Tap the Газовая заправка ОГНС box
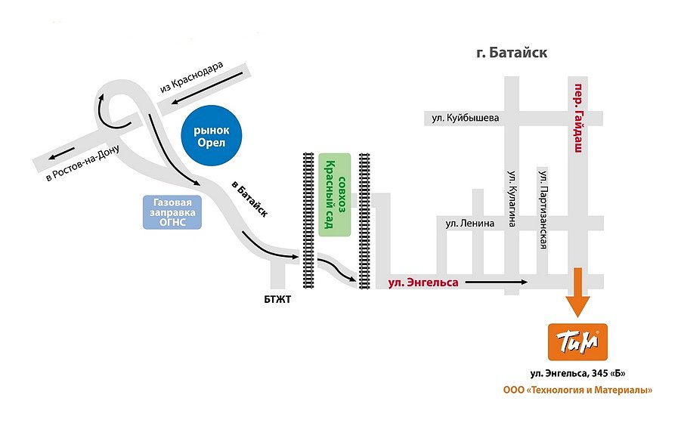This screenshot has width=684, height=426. [173, 212]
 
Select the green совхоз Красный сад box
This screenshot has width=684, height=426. [335, 195]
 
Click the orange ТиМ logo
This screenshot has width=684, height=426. [576, 342]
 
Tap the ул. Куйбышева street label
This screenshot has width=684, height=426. [466, 118]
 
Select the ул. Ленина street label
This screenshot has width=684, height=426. [469, 223]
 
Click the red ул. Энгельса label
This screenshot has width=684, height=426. [423, 282]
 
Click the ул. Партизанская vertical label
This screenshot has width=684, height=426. [543, 209]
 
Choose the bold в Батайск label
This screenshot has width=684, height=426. [249, 200]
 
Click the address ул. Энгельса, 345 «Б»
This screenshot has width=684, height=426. [577, 374]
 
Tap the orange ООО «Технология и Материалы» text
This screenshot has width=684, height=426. [577, 390]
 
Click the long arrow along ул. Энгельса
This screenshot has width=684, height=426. [496, 282]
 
